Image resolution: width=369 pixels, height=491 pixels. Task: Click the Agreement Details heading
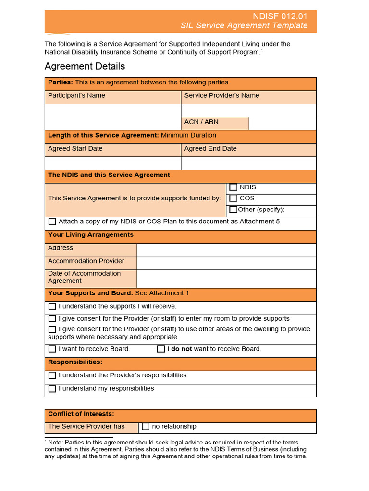click(x=85, y=66)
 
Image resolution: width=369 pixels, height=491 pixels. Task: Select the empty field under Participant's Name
click(x=113, y=117)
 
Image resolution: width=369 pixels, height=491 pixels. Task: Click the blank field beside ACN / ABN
click(x=283, y=124)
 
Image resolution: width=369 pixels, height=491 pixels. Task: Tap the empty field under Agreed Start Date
click(x=113, y=164)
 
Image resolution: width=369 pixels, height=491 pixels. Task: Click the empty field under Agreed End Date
click(x=248, y=164)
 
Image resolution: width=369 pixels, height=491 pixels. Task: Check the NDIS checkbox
click(x=234, y=187)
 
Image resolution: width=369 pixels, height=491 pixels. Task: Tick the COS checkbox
click(x=234, y=199)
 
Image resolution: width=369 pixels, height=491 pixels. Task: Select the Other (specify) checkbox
click(x=234, y=210)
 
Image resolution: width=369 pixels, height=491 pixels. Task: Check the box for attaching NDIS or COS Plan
click(x=52, y=222)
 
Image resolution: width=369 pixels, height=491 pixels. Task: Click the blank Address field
click(x=226, y=250)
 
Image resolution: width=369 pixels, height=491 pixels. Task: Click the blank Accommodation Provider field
click(x=226, y=263)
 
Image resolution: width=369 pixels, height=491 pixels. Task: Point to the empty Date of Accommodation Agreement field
click(x=226, y=279)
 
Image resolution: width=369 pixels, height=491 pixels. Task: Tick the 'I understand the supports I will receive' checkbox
click(x=52, y=307)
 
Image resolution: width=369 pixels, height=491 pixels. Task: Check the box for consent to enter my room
click(x=52, y=319)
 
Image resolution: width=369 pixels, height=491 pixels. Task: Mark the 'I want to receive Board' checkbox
click(x=52, y=349)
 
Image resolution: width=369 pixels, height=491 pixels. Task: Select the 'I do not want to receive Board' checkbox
click(x=161, y=349)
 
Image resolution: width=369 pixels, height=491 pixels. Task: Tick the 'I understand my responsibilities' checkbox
click(x=52, y=389)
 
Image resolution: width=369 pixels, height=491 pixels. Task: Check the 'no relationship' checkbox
click(x=146, y=427)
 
